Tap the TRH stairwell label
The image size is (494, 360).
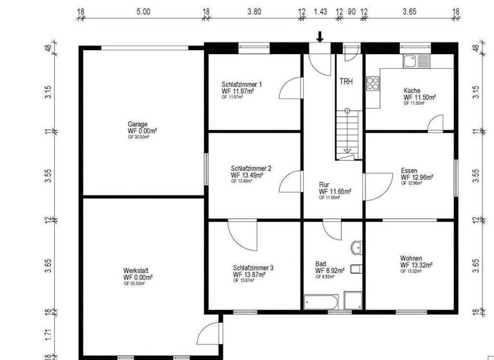point(346,82)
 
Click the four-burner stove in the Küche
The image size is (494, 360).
point(372,83)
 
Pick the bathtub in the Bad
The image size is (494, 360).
point(322,300)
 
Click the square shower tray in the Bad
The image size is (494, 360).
point(353,300)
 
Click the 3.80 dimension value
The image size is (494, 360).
point(253,12)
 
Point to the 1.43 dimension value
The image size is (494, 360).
point(320,12)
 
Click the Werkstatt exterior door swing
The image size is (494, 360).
point(209,334)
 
